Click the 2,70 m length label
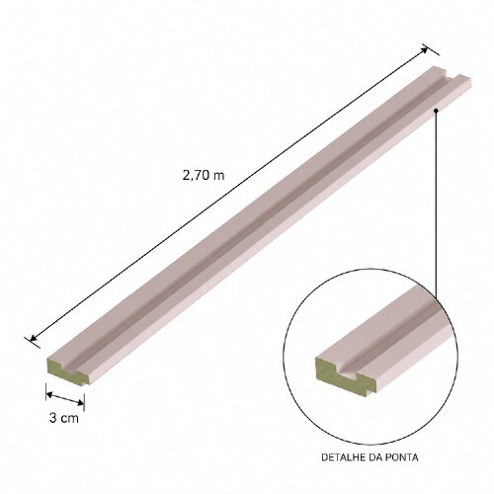[204, 175]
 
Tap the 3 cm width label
[64, 418]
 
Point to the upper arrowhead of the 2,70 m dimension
[425, 49]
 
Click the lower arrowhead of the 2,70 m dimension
[33, 338]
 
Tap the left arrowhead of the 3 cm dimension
[49, 394]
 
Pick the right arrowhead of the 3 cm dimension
[81, 402]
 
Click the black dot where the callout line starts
[436, 111]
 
